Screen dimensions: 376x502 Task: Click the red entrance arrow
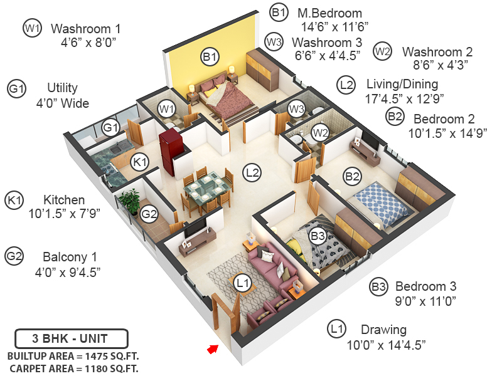(214, 348)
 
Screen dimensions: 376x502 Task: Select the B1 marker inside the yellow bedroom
(210, 58)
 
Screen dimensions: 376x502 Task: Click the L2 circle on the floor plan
(253, 171)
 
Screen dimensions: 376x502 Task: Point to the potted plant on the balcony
(131, 201)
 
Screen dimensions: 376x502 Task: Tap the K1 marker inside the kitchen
(139, 163)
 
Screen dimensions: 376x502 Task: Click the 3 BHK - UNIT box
(71, 339)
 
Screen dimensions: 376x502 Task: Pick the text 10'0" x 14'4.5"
(386, 345)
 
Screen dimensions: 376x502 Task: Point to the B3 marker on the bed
(318, 237)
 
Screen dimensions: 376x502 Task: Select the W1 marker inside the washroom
(166, 109)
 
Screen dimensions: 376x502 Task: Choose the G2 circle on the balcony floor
(149, 214)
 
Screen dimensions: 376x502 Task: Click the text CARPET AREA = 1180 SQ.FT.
(74, 368)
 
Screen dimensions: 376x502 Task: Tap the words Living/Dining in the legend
(402, 84)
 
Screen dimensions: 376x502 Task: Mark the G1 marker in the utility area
(111, 128)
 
